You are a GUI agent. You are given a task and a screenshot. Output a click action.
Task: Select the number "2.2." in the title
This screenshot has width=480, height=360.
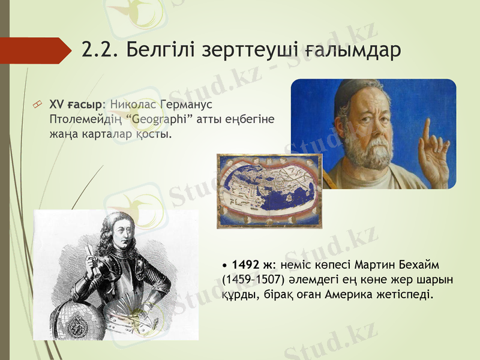click(x=101, y=50)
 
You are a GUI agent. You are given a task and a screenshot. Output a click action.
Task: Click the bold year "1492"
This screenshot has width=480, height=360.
click(x=245, y=264)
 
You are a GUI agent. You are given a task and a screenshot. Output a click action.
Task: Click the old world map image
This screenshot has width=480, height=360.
click(x=269, y=191)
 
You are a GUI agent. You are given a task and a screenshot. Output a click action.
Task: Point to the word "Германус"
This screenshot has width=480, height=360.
click(x=179, y=105)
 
